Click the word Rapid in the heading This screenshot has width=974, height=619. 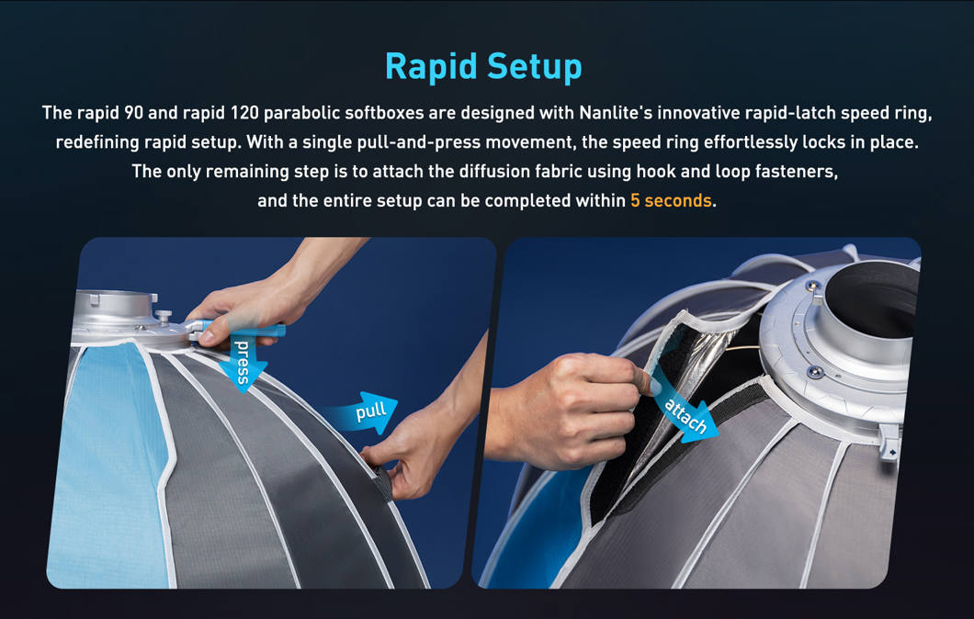[x=430, y=67]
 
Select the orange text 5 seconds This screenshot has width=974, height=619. [x=671, y=200]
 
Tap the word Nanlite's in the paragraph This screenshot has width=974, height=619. [x=615, y=113]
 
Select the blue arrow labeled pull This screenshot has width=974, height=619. [x=372, y=412]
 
